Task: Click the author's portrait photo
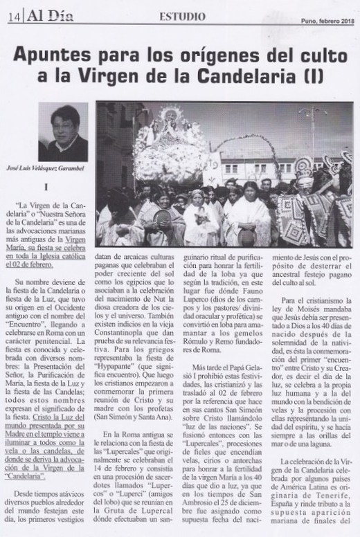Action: click(x=64, y=132)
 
